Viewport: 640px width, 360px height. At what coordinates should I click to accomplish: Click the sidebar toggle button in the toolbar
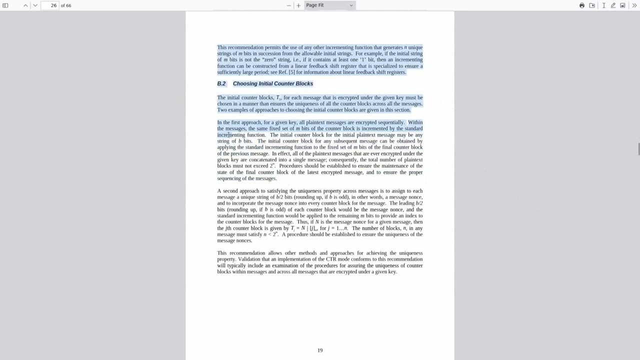coord(5,5)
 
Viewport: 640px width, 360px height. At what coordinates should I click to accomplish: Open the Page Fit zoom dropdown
coord(329,5)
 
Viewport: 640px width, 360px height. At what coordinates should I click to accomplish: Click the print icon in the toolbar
coord(582,5)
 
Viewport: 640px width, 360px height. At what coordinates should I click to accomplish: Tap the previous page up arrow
coord(25,5)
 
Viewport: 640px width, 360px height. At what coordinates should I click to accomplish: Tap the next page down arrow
coord(35,5)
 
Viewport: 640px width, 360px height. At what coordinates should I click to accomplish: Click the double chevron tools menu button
coord(634,5)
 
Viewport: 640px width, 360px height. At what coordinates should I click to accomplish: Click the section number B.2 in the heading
coord(221,83)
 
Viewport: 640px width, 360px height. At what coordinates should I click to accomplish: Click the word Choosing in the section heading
coord(245,83)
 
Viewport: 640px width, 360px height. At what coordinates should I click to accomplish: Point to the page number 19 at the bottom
coord(320,350)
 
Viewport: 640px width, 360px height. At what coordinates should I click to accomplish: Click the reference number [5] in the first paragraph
coord(291,72)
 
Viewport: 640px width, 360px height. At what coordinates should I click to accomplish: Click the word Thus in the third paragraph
coord(302,222)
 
